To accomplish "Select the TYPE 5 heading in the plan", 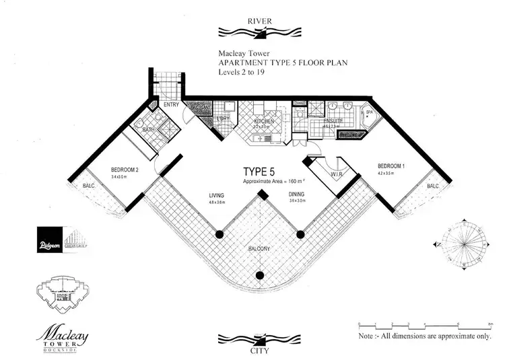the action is click(x=259, y=172).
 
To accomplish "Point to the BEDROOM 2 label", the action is click(x=125, y=170).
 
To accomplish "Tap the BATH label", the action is click(x=150, y=129).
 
